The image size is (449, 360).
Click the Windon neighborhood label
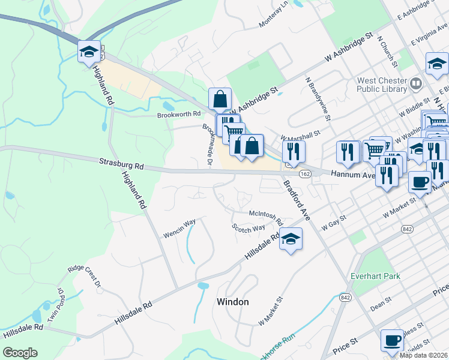[232, 302]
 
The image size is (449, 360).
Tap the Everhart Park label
[376, 277]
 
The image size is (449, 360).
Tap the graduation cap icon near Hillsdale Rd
[291, 239]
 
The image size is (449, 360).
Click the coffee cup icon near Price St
[392, 340]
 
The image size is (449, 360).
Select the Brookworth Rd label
[178, 115]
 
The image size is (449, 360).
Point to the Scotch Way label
[249, 228]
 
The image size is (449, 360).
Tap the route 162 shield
[305, 174]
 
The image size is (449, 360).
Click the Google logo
[20, 353]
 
